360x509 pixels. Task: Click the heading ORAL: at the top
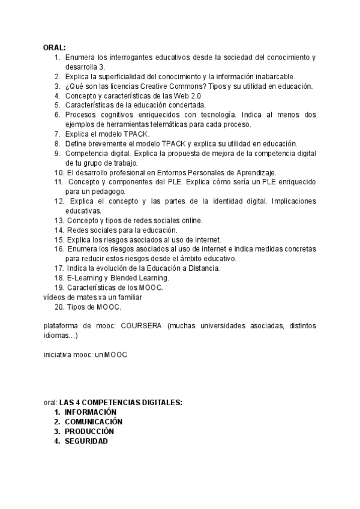(54, 47)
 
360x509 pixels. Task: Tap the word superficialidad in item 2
(118, 76)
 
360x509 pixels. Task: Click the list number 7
(57, 134)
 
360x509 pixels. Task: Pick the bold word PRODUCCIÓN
(89, 431)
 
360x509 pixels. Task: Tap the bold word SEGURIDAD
(86, 441)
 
